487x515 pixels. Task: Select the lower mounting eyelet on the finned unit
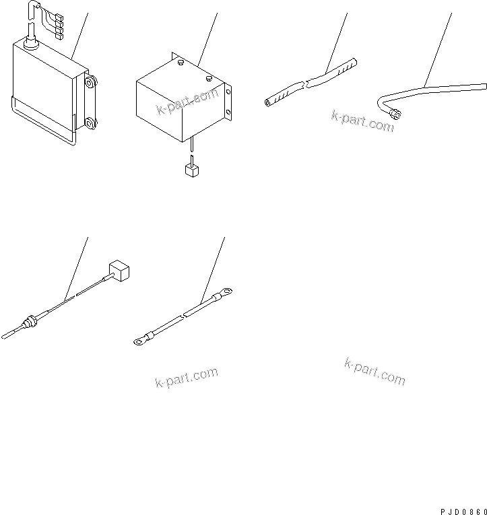pyautogui.click(x=90, y=123)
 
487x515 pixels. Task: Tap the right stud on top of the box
pyautogui.click(x=209, y=79)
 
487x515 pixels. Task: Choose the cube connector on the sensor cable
pyautogui.click(x=119, y=272)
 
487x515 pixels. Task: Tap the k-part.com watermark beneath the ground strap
pyautogui.click(x=187, y=378)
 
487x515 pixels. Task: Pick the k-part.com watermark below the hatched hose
pyautogui.click(x=362, y=121)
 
